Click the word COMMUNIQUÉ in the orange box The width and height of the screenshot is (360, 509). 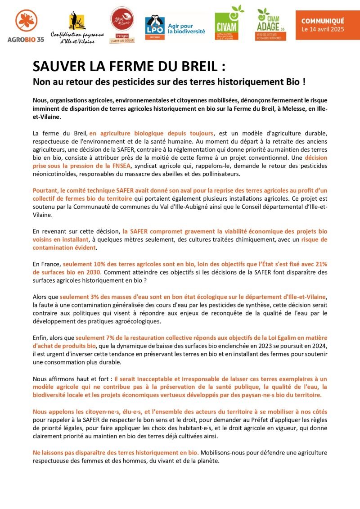click(323, 21)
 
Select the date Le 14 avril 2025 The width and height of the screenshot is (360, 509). click(322, 29)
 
